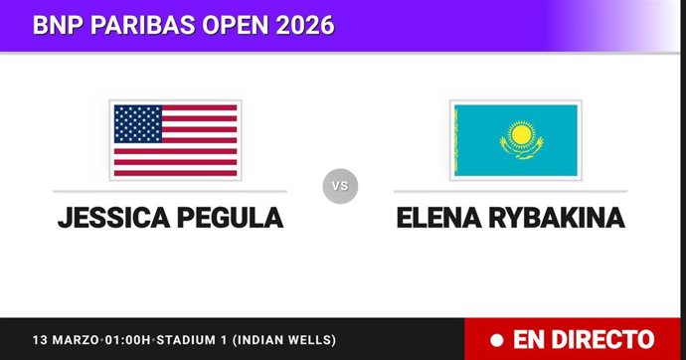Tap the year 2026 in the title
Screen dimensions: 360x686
coord(299,25)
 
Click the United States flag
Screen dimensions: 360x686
coord(175,139)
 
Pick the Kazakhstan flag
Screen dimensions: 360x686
coord(515,139)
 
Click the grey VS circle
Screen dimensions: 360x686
coord(340,186)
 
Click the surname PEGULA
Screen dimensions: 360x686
coord(228,218)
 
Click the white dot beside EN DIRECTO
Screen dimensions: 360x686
coord(494,340)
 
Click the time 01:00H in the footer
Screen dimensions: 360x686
coord(129,340)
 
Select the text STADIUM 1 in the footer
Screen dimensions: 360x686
coord(199,340)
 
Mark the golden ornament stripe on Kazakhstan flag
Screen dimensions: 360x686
coord(456,139)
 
